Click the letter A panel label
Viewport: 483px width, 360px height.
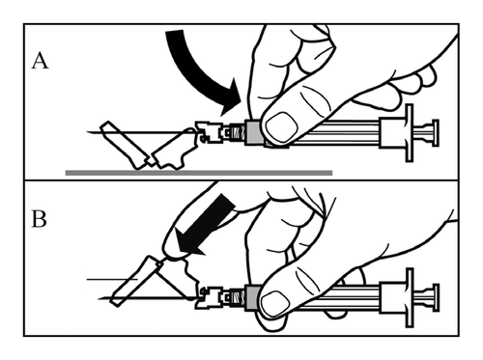point(40,61)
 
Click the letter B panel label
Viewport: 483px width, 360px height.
point(39,219)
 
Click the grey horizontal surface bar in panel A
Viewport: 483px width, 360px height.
point(199,173)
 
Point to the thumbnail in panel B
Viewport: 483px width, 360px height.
point(274,304)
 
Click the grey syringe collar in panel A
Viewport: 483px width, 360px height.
point(253,132)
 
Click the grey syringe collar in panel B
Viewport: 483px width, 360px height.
point(253,297)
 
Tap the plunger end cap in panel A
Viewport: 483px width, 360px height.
point(435,133)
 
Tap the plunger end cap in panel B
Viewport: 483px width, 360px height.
point(436,297)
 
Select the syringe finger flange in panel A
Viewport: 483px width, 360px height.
point(409,132)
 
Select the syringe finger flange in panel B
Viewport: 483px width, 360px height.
point(410,297)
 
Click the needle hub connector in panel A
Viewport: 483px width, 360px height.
point(209,132)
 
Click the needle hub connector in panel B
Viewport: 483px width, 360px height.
point(211,297)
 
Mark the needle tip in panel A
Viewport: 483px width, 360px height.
point(87,131)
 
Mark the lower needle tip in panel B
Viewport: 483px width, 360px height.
point(99,299)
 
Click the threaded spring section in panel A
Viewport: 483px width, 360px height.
point(239,132)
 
